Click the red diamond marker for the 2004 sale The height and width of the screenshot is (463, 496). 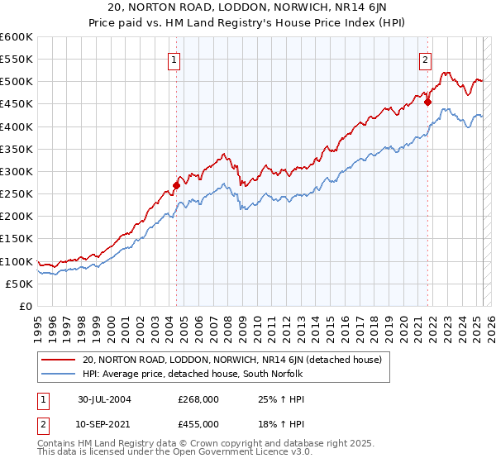tap(177, 185)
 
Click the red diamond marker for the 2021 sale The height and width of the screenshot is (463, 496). tap(427, 102)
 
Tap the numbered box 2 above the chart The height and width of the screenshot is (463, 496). tap(425, 59)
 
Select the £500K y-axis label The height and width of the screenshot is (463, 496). tap(17, 82)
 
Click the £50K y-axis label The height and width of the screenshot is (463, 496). tap(20, 284)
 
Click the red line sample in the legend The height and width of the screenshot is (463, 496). tap(60, 360)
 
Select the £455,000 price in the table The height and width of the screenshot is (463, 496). tap(198, 423)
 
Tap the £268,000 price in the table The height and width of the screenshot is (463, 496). tap(198, 400)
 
